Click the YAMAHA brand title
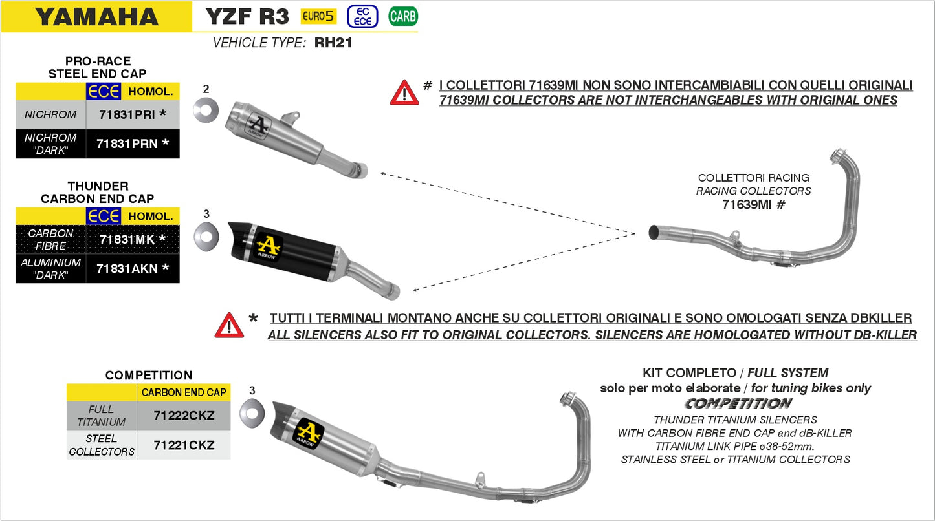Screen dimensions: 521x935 tap(96, 17)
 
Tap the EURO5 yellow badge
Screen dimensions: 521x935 tap(318, 16)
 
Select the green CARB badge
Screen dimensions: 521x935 tap(402, 16)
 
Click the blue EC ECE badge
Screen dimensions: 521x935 tap(362, 16)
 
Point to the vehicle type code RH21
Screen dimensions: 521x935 tap(333, 43)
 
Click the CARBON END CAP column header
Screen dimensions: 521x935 tap(184, 392)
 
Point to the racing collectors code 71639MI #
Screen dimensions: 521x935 tap(753, 205)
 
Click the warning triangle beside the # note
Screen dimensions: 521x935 tap(404, 93)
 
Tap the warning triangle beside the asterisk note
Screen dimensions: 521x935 tap(229, 326)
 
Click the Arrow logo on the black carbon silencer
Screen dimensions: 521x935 tap(268, 246)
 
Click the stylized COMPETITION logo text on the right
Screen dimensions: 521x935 tap(738, 404)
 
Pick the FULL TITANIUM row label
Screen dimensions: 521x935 tap(102, 416)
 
